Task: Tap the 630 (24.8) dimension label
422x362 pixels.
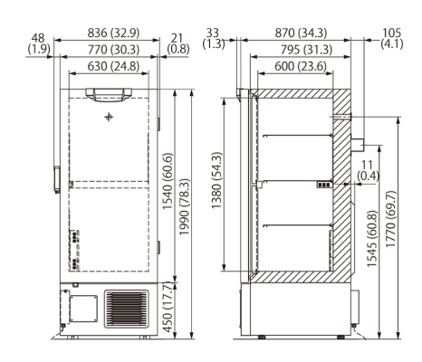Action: (107, 68)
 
